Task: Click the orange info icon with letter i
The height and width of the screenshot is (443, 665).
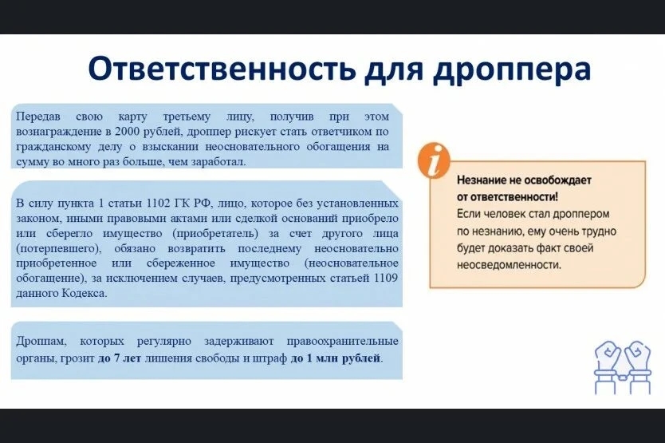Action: coord(434,160)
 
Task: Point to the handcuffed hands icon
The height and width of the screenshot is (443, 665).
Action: coord(623,367)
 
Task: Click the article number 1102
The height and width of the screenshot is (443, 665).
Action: coord(158,203)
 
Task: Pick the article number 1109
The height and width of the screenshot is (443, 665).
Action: coord(386,278)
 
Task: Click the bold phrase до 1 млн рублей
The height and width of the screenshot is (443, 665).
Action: coord(336,358)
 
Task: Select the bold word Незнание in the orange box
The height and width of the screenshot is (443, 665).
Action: coord(482,180)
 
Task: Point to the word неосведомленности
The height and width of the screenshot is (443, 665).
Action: coord(509,265)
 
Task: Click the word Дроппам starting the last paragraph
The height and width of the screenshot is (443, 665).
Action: coord(41,342)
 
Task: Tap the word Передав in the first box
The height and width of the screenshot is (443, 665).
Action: coord(38,117)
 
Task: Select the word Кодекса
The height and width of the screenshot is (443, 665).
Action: coord(85,293)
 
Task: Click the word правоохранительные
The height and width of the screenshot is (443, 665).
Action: coord(343,342)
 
